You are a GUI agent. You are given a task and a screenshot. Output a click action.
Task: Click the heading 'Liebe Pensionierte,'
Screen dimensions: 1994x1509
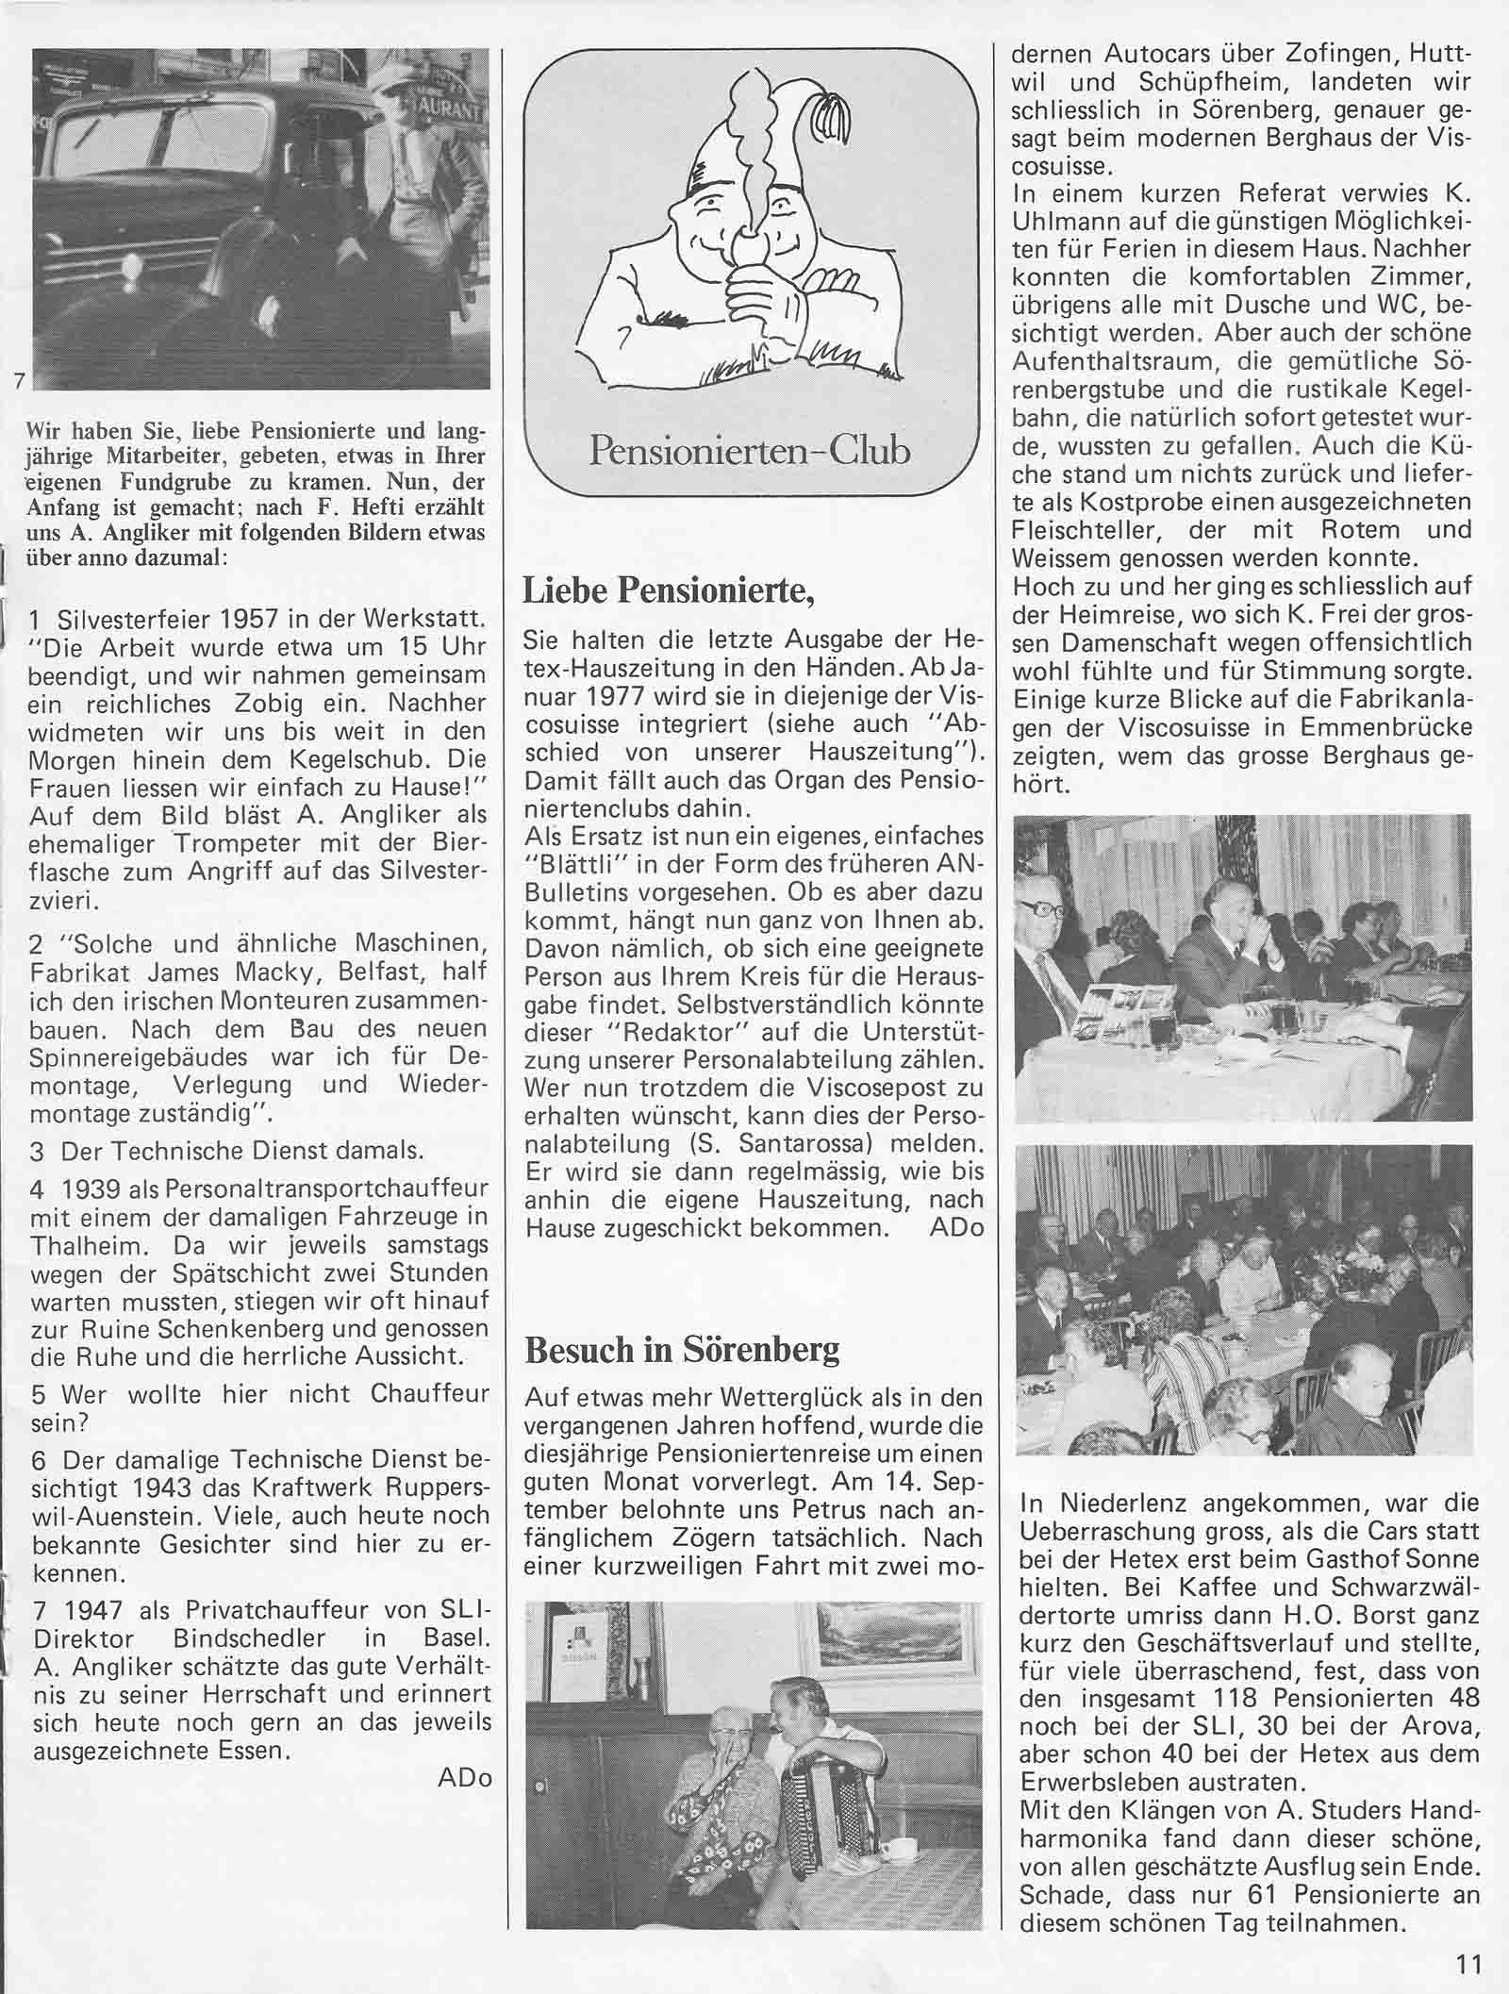tap(668, 590)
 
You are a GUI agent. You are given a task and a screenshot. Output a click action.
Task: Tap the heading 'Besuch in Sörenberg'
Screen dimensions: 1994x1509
tap(681, 1350)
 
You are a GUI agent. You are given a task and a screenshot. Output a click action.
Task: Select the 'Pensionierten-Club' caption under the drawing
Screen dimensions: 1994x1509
tap(750, 451)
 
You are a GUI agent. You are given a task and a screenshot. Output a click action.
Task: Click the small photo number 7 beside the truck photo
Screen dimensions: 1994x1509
tap(19, 381)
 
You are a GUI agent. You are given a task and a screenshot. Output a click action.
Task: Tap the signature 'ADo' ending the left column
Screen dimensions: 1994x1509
tap(464, 1778)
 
